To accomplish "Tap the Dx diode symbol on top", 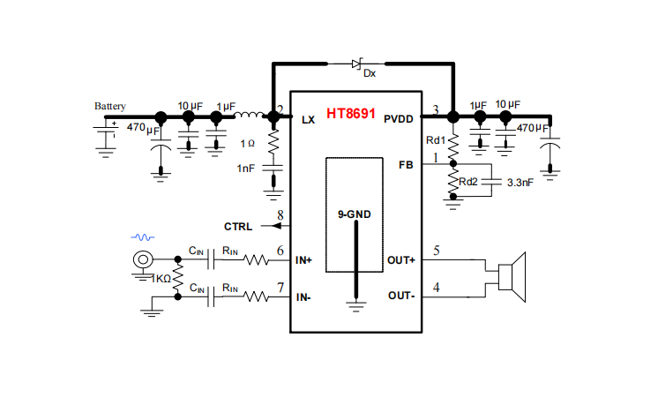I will pos(357,64).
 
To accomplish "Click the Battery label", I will pos(110,106).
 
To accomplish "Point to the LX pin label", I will pos(309,119).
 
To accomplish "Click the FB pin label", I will pos(406,165).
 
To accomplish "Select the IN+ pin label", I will pos(304,260).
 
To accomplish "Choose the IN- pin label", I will pos(303,297).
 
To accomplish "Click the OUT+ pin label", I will pos(401,260).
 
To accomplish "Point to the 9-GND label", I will pos(355,214).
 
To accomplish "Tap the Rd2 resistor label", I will pos(468,182).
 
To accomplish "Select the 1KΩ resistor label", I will pos(161,278).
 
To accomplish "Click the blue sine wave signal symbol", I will pos(143,237).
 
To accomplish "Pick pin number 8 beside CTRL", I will pos(280,215).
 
